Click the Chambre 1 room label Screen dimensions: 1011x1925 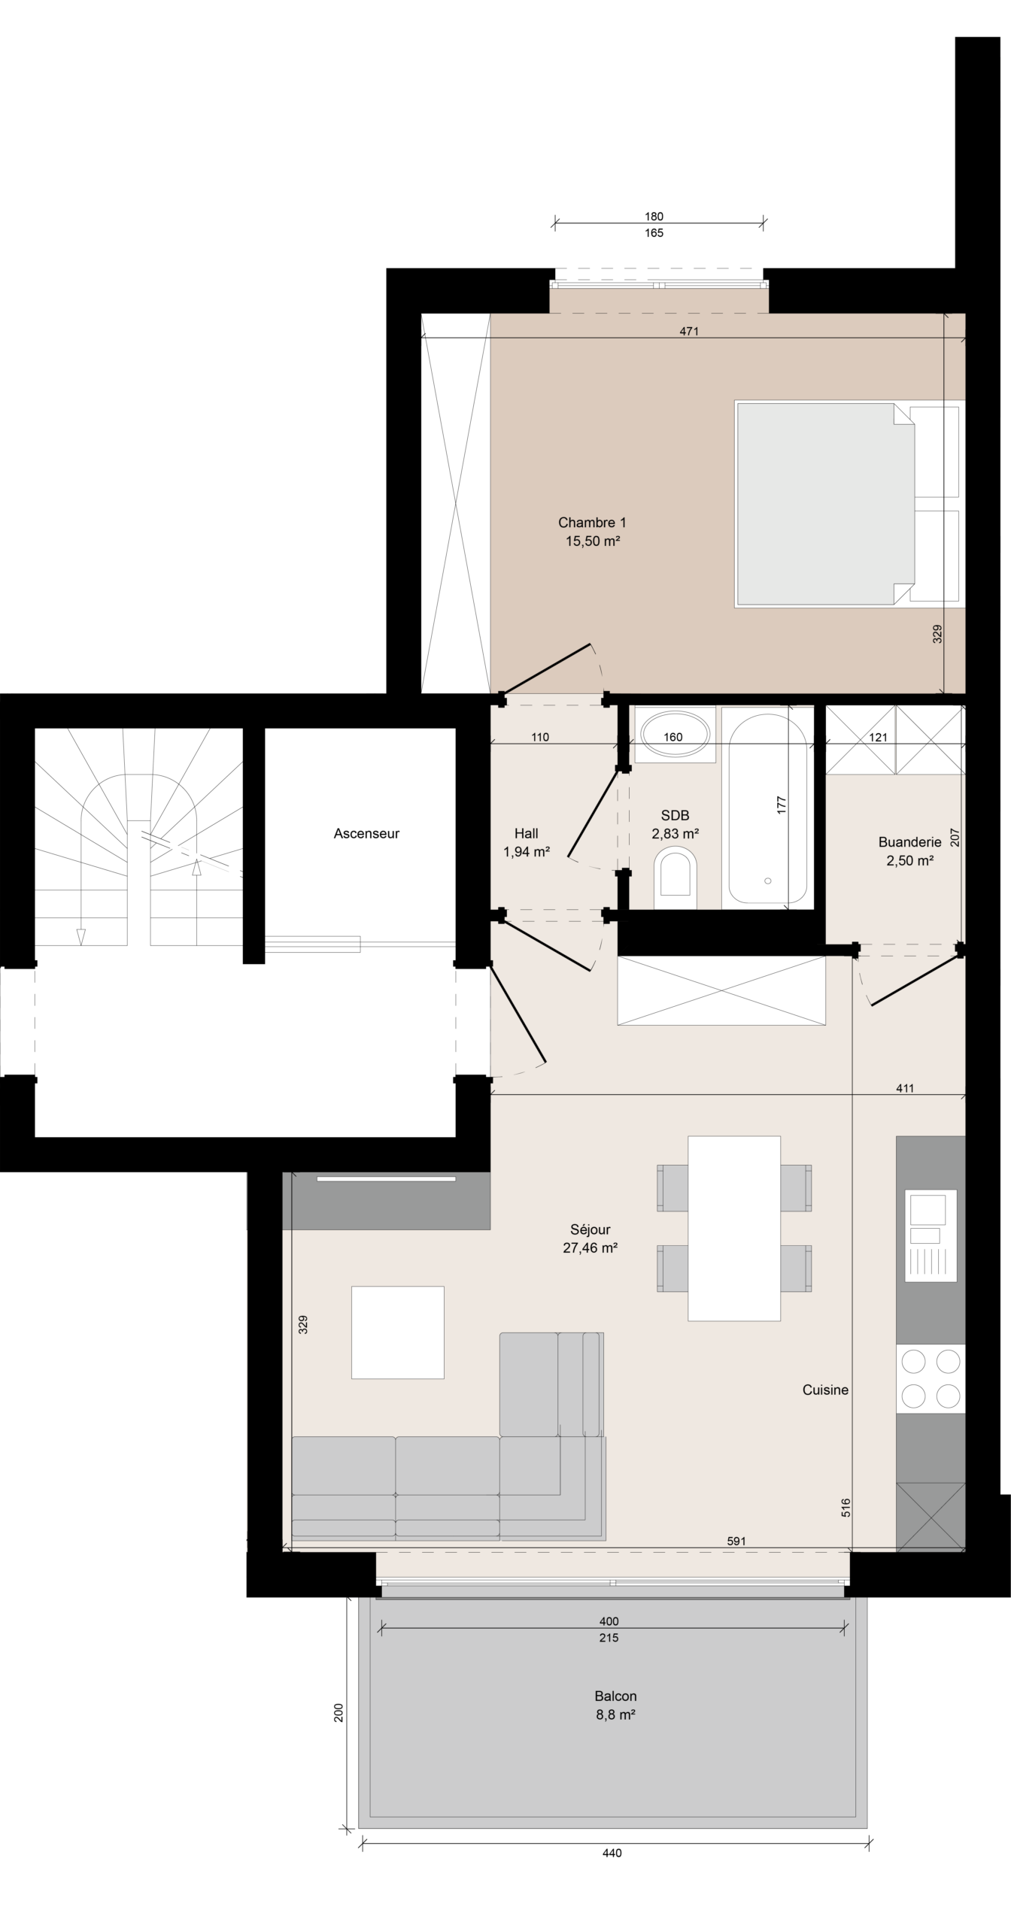pos(592,523)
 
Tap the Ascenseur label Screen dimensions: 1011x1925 pos(366,833)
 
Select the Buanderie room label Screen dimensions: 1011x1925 pos(909,842)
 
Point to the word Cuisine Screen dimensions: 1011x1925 pos(825,1390)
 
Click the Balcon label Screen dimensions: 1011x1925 pos(615,1696)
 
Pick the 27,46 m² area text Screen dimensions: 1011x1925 pos(591,1248)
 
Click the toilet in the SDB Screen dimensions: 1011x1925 pos(675,877)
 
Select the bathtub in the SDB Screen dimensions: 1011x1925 pos(768,808)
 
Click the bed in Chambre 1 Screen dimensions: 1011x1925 pos(849,504)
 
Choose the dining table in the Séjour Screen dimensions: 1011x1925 pos(734,1228)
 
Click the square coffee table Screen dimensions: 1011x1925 pos(398,1332)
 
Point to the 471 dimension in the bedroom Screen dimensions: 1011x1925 pos(689,331)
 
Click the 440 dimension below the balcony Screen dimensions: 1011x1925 pos(612,1853)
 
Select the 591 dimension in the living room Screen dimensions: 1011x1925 pos(736,1541)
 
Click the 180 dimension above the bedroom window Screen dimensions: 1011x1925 pos(654,217)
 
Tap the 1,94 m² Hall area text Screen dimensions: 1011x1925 pos(527,852)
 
